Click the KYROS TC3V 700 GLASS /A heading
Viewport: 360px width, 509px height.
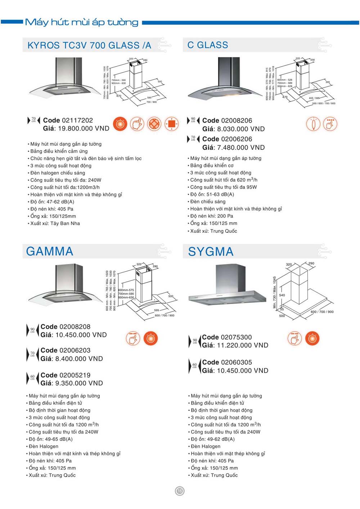[89, 45]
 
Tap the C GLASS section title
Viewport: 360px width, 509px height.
[208, 45]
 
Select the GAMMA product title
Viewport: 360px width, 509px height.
[50, 251]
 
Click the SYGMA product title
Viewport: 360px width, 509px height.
[211, 252]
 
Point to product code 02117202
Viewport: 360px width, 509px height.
[68, 120]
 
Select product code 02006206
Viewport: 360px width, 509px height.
[227, 139]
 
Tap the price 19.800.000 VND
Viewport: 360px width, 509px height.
[76, 128]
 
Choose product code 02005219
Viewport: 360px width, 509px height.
[65, 375]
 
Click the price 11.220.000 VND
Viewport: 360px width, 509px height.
[235, 345]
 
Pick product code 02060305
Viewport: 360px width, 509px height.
[227, 362]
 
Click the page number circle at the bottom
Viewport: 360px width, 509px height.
[180, 491]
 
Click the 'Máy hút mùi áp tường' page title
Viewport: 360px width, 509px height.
[82, 22]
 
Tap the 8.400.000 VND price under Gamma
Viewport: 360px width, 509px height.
[72, 359]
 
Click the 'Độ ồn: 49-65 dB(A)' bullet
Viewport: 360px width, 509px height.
[50, 439]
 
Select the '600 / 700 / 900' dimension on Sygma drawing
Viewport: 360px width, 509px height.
[322, 312]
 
